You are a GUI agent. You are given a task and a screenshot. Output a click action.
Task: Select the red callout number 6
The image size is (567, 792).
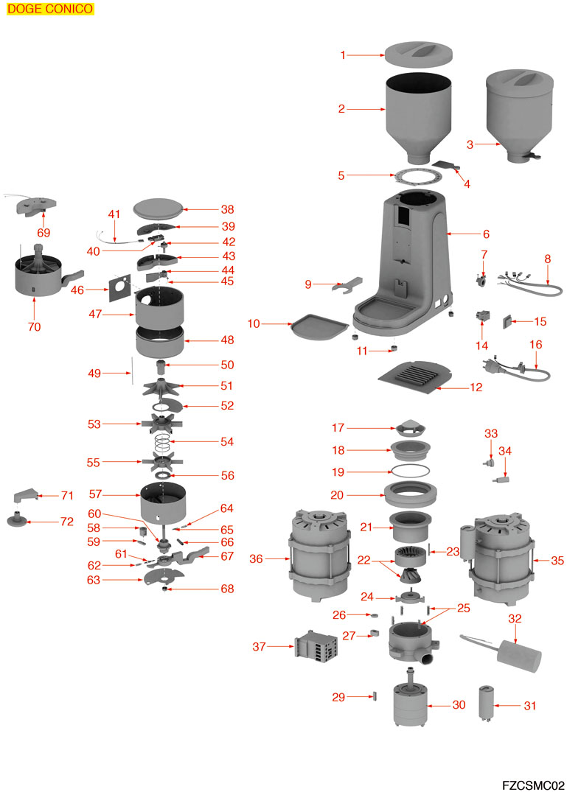tap(486, 234)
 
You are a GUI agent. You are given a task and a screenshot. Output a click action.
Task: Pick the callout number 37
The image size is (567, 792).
tap(258, 647)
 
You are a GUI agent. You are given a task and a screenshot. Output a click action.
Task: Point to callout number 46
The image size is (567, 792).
tap(78, 290)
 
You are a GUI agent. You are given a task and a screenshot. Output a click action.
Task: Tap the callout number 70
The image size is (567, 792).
tap(35, 327)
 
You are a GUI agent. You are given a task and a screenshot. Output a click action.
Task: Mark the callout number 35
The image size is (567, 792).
tap(557, 561)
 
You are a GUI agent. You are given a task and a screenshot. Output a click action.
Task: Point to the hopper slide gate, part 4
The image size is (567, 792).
tap(448, 166)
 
